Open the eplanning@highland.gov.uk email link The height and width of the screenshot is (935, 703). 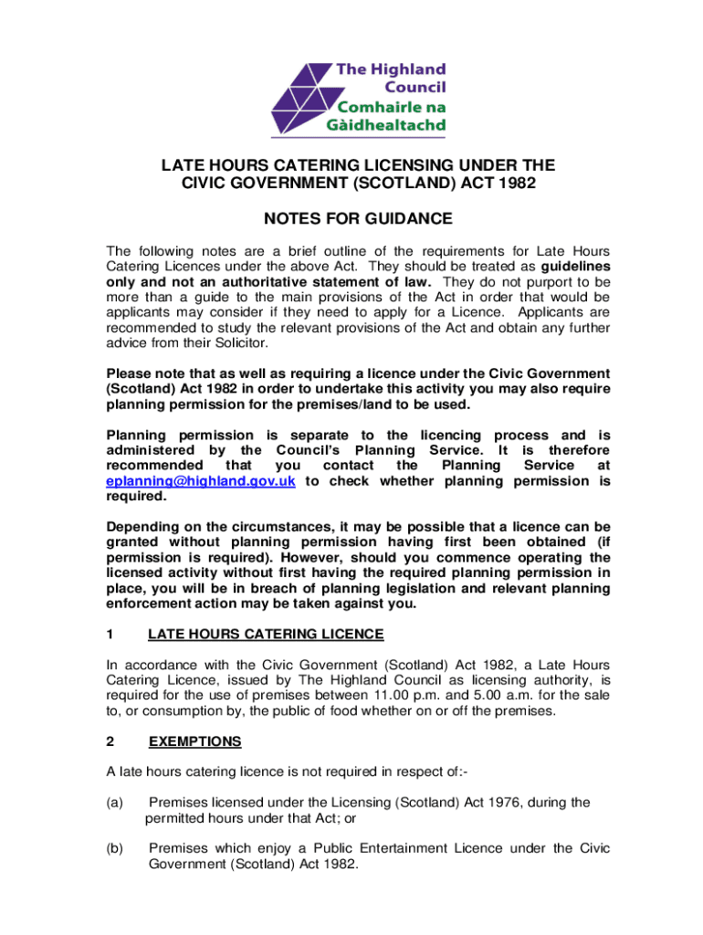click(x=200, y=481)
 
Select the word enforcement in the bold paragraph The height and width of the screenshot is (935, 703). click(x=148, y=604)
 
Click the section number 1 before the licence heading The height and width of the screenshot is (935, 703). click(x=110, y=635)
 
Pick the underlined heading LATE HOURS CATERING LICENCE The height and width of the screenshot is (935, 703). click(x=266, y=635)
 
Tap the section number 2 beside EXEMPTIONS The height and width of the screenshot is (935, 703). click(x=110, y=741)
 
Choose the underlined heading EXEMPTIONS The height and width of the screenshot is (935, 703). click(x=195, y=741)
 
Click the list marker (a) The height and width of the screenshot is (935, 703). click(x=115, y=803)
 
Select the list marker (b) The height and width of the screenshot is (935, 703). click(x=115, y=848)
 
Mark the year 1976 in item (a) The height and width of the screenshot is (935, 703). click(x=482, y=803)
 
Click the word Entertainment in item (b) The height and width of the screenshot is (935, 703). click(x=401, y=848)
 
